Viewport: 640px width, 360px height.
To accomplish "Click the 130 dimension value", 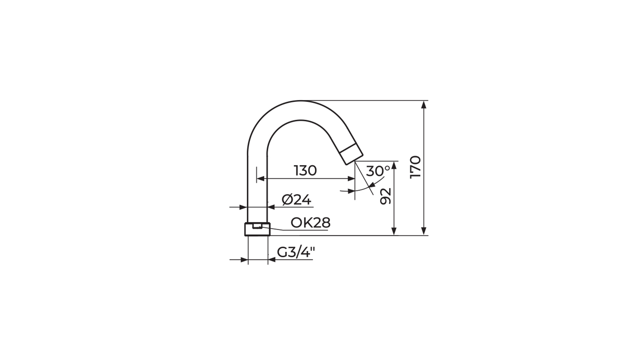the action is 305,171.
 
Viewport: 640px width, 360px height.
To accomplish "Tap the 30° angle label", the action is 378,171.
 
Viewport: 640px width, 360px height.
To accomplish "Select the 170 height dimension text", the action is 416,167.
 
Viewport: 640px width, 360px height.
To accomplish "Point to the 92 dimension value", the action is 385,196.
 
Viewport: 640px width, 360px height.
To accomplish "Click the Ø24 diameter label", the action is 296,200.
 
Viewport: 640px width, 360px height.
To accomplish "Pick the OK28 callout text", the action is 310,223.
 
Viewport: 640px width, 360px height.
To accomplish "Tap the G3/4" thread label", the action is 296,253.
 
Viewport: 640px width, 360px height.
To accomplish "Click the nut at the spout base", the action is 257,229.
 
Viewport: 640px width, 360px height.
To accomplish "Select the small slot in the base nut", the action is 257,227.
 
